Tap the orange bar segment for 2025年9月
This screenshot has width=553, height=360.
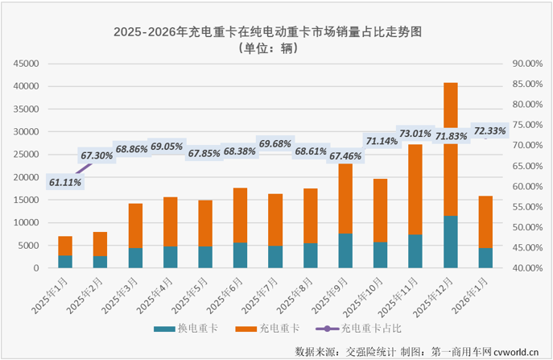[345, 198]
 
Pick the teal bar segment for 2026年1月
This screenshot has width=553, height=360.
[485, 258]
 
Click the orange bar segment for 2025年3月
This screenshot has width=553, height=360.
[135, 226]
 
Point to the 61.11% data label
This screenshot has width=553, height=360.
[65, 183]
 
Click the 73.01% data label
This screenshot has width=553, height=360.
[416, 134]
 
